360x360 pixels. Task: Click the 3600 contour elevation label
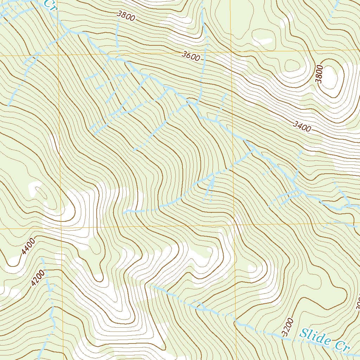click(x=191, y=56)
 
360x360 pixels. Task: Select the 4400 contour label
click(x=28, y=246)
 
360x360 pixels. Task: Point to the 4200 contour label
click(x=38, y=278)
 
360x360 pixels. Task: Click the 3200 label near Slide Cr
click(x=288, y=327)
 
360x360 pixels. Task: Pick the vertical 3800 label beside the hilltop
click(x=319, y=74)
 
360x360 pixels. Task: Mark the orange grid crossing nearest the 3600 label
click(x=231, y=53)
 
